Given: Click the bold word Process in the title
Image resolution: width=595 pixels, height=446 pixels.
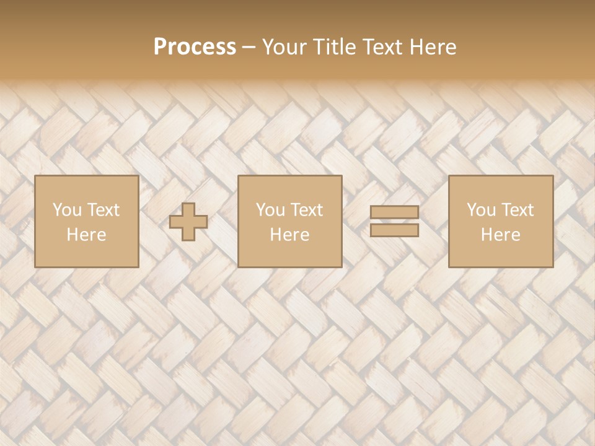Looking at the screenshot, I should coord(195,47).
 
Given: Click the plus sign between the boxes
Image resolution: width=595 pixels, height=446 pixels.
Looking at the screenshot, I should coord(188,222).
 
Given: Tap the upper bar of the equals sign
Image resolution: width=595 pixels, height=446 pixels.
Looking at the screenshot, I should coord(394,212).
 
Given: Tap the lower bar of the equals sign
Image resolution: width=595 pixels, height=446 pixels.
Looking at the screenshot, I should coord(394,230).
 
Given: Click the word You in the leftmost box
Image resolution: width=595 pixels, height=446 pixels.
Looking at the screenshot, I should coord(66,210).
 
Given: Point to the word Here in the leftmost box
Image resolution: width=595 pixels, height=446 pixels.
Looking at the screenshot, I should coord(86,235).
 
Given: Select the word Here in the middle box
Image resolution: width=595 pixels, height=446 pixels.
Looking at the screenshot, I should coord(289,235).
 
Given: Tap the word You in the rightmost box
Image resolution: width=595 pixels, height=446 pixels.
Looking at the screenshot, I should coord(480,210).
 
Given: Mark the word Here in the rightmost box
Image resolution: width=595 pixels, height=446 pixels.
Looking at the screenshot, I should coord(500,235).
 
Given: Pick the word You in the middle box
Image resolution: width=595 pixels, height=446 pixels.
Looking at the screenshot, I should coord(270,210).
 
